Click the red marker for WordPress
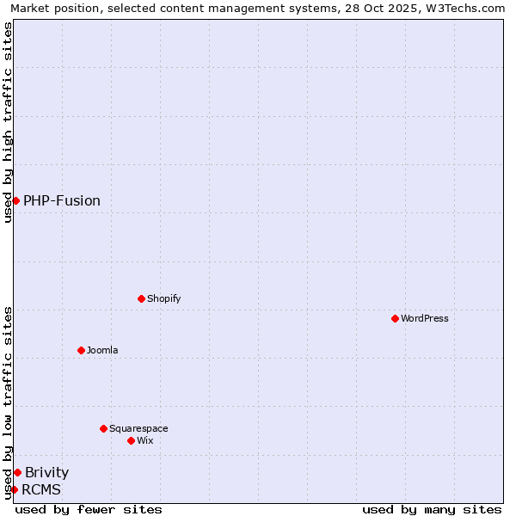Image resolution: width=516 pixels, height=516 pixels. coord(395,318)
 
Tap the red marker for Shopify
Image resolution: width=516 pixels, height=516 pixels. coord(141,298)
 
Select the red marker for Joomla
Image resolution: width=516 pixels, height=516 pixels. coord(81,350)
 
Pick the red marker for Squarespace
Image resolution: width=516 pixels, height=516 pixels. coord(103,428)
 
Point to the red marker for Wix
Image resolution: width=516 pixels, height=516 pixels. coord(131,440)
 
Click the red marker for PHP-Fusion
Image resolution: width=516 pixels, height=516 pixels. coord(15,200)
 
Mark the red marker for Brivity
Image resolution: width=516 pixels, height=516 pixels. coord(17,472)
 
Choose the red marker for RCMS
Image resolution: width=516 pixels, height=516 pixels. coord(14,489)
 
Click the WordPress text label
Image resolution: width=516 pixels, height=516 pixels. coord(425,318)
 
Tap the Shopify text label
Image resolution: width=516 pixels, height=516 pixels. coord(164,298)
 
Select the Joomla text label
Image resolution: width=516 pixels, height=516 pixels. coord(102,350)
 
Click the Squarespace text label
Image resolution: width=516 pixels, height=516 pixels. coord(138,428)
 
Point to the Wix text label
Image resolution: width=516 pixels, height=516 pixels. coord(145,440)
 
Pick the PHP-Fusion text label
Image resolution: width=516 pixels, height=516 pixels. coord(62,200)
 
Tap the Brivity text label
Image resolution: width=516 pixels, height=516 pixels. coord(47,472)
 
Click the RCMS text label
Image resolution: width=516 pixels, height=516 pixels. coord(41,489)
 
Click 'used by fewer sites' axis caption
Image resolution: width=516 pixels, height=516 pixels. coord(89,509)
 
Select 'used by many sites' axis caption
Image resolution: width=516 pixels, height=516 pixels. coord(432,509)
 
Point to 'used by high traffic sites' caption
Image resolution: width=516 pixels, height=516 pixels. coord(8,122)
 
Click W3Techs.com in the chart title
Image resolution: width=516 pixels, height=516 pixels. coord(463,8)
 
